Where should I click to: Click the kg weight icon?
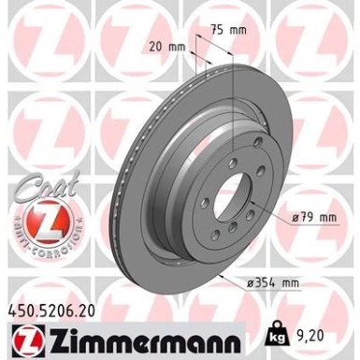pyautogui.click(x=277, y=331)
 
